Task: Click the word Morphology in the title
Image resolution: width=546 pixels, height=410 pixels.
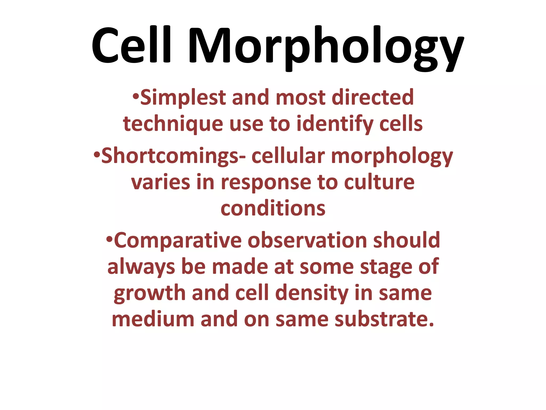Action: pos(326,48)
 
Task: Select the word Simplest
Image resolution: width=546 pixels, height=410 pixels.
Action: pos(183,98)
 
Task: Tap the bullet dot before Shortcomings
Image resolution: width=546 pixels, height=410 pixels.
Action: pos(97,154)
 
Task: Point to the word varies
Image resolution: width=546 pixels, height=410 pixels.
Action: pos(161,183)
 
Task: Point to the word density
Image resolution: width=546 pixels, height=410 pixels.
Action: pos(312,294)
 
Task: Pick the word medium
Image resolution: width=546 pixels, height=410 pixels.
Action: pos(153,319)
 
